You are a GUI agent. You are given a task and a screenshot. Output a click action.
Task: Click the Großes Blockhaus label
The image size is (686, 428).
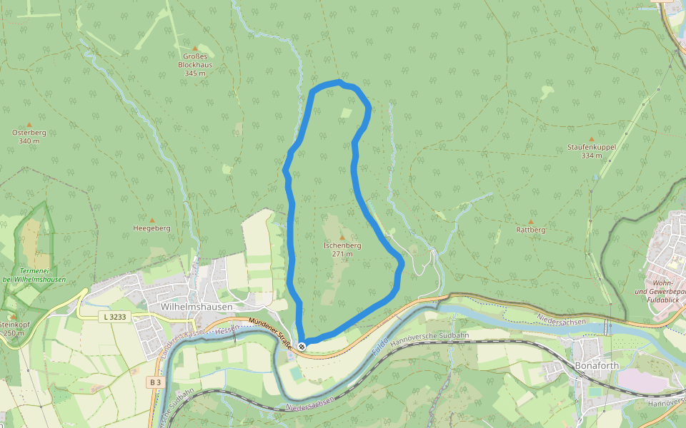coord(194,64)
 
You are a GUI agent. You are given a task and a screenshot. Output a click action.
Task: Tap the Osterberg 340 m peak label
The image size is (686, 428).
coord(29,136)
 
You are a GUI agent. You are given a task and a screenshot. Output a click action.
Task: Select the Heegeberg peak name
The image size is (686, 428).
coord(151,228)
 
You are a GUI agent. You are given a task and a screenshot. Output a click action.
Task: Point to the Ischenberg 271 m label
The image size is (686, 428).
coord(342,249)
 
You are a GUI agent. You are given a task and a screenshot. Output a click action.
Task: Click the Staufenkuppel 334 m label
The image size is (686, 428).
coord(591,151)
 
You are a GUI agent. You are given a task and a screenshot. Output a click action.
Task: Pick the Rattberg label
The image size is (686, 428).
coord(530,230)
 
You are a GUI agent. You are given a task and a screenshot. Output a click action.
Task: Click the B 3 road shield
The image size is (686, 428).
coord(155,382)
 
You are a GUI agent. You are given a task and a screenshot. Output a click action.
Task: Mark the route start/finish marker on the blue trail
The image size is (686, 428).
coord(302,346)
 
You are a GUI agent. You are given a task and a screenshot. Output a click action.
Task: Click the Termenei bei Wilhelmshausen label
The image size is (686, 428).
coord(33,275)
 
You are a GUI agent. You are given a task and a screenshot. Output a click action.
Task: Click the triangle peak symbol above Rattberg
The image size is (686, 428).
coord(530,221)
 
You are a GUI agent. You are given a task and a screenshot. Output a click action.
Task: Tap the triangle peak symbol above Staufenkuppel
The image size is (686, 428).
coord(591,139)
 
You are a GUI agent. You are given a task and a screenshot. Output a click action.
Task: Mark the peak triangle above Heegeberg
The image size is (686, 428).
coord(151,220)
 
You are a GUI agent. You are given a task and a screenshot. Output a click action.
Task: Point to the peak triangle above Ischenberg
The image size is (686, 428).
coord(342,238)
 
